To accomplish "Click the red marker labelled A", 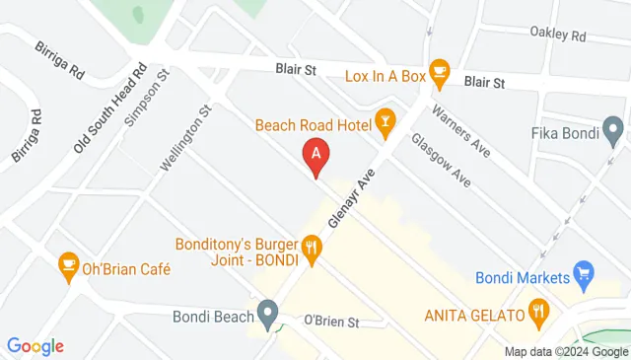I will click(315, 156).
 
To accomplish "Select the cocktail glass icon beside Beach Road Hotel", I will click(386, 122).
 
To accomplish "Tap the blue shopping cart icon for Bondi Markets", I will click(584, 272).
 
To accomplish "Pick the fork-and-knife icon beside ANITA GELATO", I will click(538, 314).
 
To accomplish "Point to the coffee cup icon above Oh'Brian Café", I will click(67, 262).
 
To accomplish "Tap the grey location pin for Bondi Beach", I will click(267, 315).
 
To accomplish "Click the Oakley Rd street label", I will click(557, 36).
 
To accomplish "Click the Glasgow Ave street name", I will click(440, 160).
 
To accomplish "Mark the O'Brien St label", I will click(329, 322).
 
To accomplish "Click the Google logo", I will click(35, 345).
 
